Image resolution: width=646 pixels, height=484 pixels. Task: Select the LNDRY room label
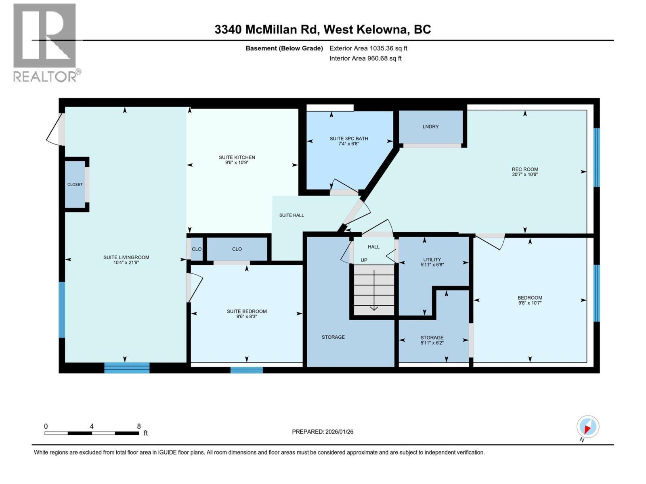click(x=430, y=127)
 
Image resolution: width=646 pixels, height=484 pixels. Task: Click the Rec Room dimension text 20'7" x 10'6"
click(x=524, y=175)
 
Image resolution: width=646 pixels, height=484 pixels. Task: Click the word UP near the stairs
click(x=364, y=260)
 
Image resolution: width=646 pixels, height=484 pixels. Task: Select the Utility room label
click(x=432, y=259)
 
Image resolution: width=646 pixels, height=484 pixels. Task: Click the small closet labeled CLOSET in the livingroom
click(x=75, y=184)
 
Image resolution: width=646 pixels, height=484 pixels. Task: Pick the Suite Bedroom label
click(x=247, y=311)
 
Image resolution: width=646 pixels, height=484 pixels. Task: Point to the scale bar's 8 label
click(x=139, y=426)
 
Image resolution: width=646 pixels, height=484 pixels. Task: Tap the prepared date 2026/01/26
click(x=339, y=432)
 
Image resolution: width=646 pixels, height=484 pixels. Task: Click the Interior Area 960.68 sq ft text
click(x=365, y=58)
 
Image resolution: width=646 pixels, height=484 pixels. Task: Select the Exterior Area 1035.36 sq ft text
click(x=368, y=48)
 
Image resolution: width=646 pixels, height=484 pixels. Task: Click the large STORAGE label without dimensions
click(x=333, y=337)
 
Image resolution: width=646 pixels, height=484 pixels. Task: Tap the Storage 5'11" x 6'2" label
click(x=432, y=340)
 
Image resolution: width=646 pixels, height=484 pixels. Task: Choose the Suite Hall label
click(x=292, y=215)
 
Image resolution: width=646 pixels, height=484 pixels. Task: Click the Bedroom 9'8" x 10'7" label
click(x=530, y=300)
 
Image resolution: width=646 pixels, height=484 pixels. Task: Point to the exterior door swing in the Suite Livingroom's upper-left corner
click(x=55, y=130)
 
